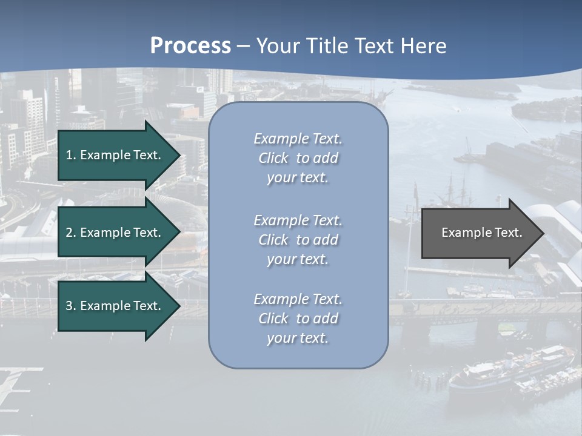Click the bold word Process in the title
tap(190, 46)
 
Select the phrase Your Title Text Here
tap(351, 46)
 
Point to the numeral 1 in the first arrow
tap(69, 155)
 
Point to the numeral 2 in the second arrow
tap(69, 233)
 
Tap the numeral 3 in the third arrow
tap(69, 306)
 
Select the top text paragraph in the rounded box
tap(298, 158)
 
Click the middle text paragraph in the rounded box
tap(298, 240)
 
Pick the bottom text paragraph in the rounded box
tap(298, 319)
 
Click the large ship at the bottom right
tap(509, 369)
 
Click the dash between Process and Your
tap(243, 47)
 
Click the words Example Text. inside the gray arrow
tap(482, 233)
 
